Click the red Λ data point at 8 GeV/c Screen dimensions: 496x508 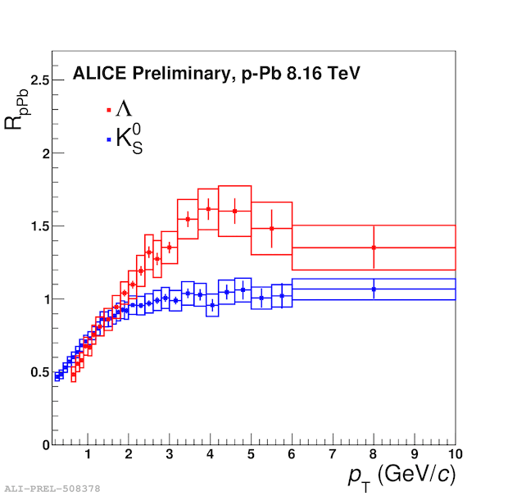pyautogui.click(x=374, y=248)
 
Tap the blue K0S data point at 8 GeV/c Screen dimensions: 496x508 pyautogui.click(x=374, y=289)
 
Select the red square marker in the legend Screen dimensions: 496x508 pyautogui.click(x=109, y=109)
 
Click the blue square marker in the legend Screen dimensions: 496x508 pyautogui.click(x=109, y=139)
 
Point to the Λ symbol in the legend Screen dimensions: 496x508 pyautogui.click(x=124, y=108)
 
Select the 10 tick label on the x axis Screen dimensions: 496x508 pyautogui.click(x=455, y=454)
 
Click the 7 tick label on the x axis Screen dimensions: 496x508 pyautogui.click(x=333, y=454)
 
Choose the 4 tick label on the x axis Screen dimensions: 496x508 pyautogui.click(x=211, y=454)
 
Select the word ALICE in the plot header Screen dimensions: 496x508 pyautogui.click(x=95, y=74)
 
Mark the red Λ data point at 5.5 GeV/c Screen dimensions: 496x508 pyautogui.click(x=271, y=228)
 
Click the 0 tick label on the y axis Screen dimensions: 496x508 pyautogui.click(x=44, y=444)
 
